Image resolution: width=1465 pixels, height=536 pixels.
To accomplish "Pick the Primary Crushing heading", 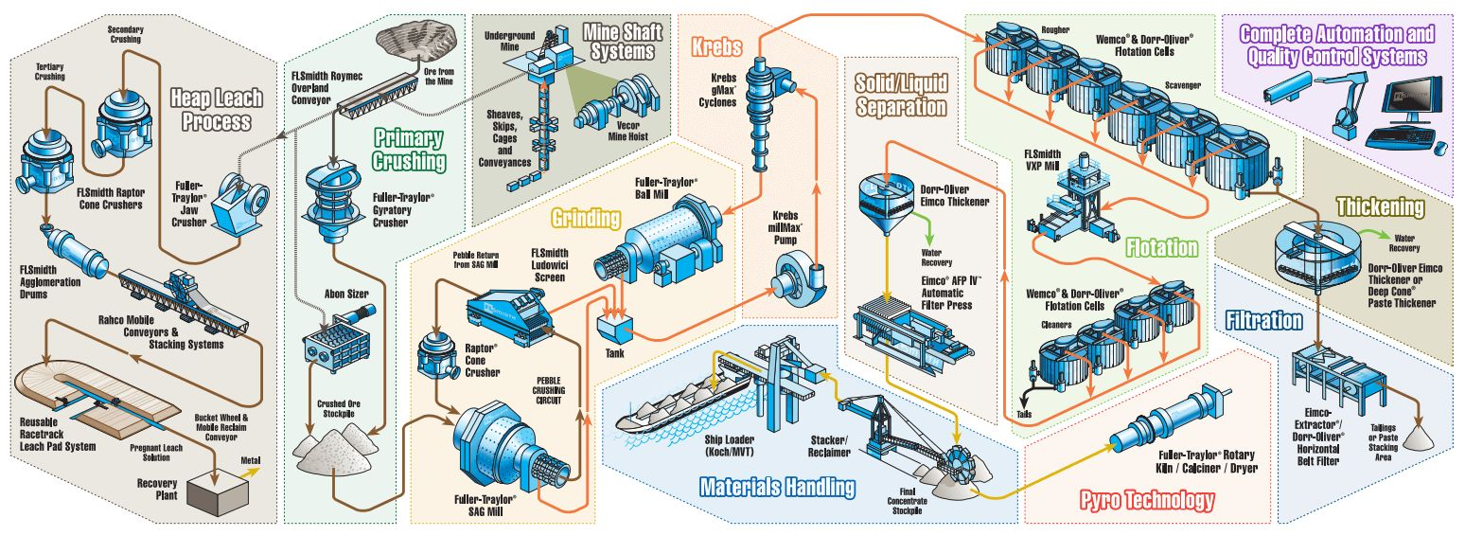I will pos(409,149).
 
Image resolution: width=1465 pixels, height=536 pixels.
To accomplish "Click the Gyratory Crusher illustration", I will pos(335,203).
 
